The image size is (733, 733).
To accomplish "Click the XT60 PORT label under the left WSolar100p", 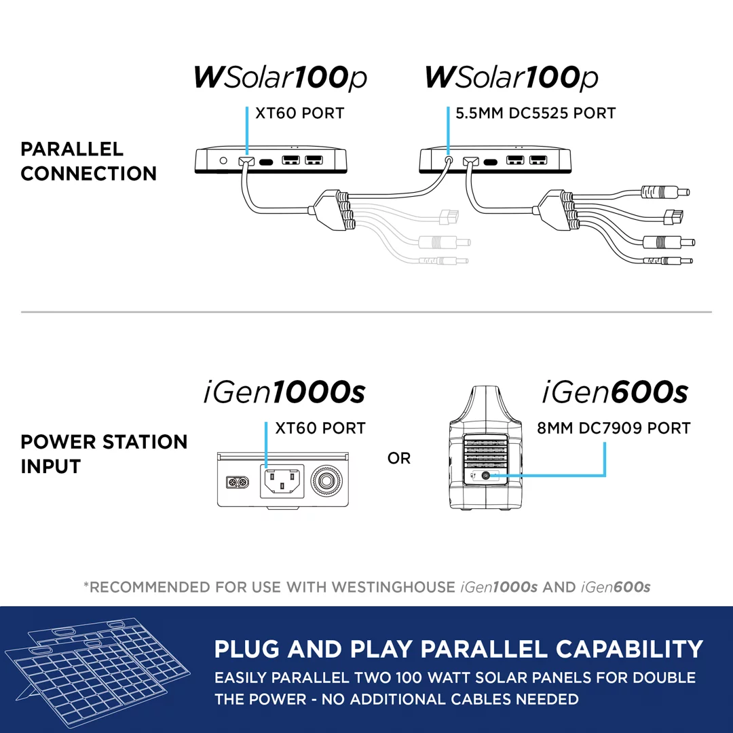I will pyautogui.click(x=299, y=113).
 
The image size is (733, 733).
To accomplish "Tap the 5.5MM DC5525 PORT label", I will pyautogui.click(x=535, y=113).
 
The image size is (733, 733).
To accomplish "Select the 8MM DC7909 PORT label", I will pyautogui.click(x=614, y=428).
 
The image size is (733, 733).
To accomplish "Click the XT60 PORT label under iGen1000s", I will pyautogui.click(x=320, y=428).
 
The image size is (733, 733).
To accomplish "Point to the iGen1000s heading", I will pyautogui.click(x=284, y=392).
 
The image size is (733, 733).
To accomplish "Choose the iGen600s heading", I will pyautogui.click(x=615, y=392).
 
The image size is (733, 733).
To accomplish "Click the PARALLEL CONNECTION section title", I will pyautogui.click(x=88, y=162).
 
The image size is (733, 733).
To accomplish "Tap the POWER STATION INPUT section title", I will pyautogui.click(x=103, y=454).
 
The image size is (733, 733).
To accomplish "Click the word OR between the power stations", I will pyautogui.click(x=399, y=459).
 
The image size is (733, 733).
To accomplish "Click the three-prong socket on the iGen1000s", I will pyautogui.click(x=281, y=482).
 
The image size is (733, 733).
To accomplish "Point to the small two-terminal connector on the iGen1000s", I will pyautogui.click(x=238, y=483).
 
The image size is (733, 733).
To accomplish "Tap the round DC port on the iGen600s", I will pyautogui.click(x=485, y=476).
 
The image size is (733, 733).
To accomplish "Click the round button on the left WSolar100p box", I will pyautogui.click(x=223, y=162).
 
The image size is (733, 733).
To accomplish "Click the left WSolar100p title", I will pyautogui.click(x=280, y=78).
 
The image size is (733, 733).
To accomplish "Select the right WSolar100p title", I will pyautogui.click(x=511, y=78).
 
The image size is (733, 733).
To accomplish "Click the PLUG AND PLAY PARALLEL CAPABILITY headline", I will pyautogui.click(x=458, y=650).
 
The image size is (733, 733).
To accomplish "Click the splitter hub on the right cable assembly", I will pyautogui.click(x=557, y=210).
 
